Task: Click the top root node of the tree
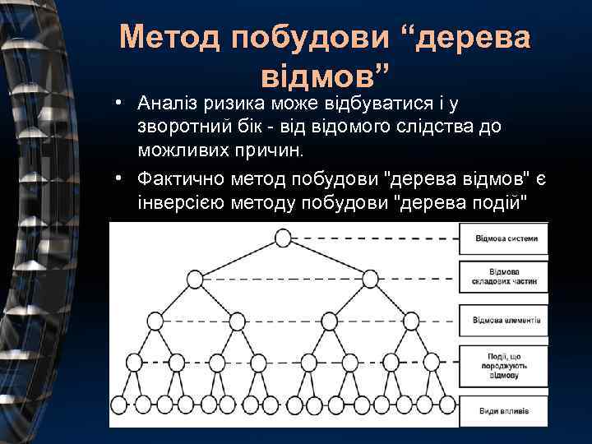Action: [283, 238]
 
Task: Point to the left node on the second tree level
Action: [195, 280]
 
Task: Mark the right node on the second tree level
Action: [372, 280]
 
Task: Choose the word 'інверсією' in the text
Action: [176, 202]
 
